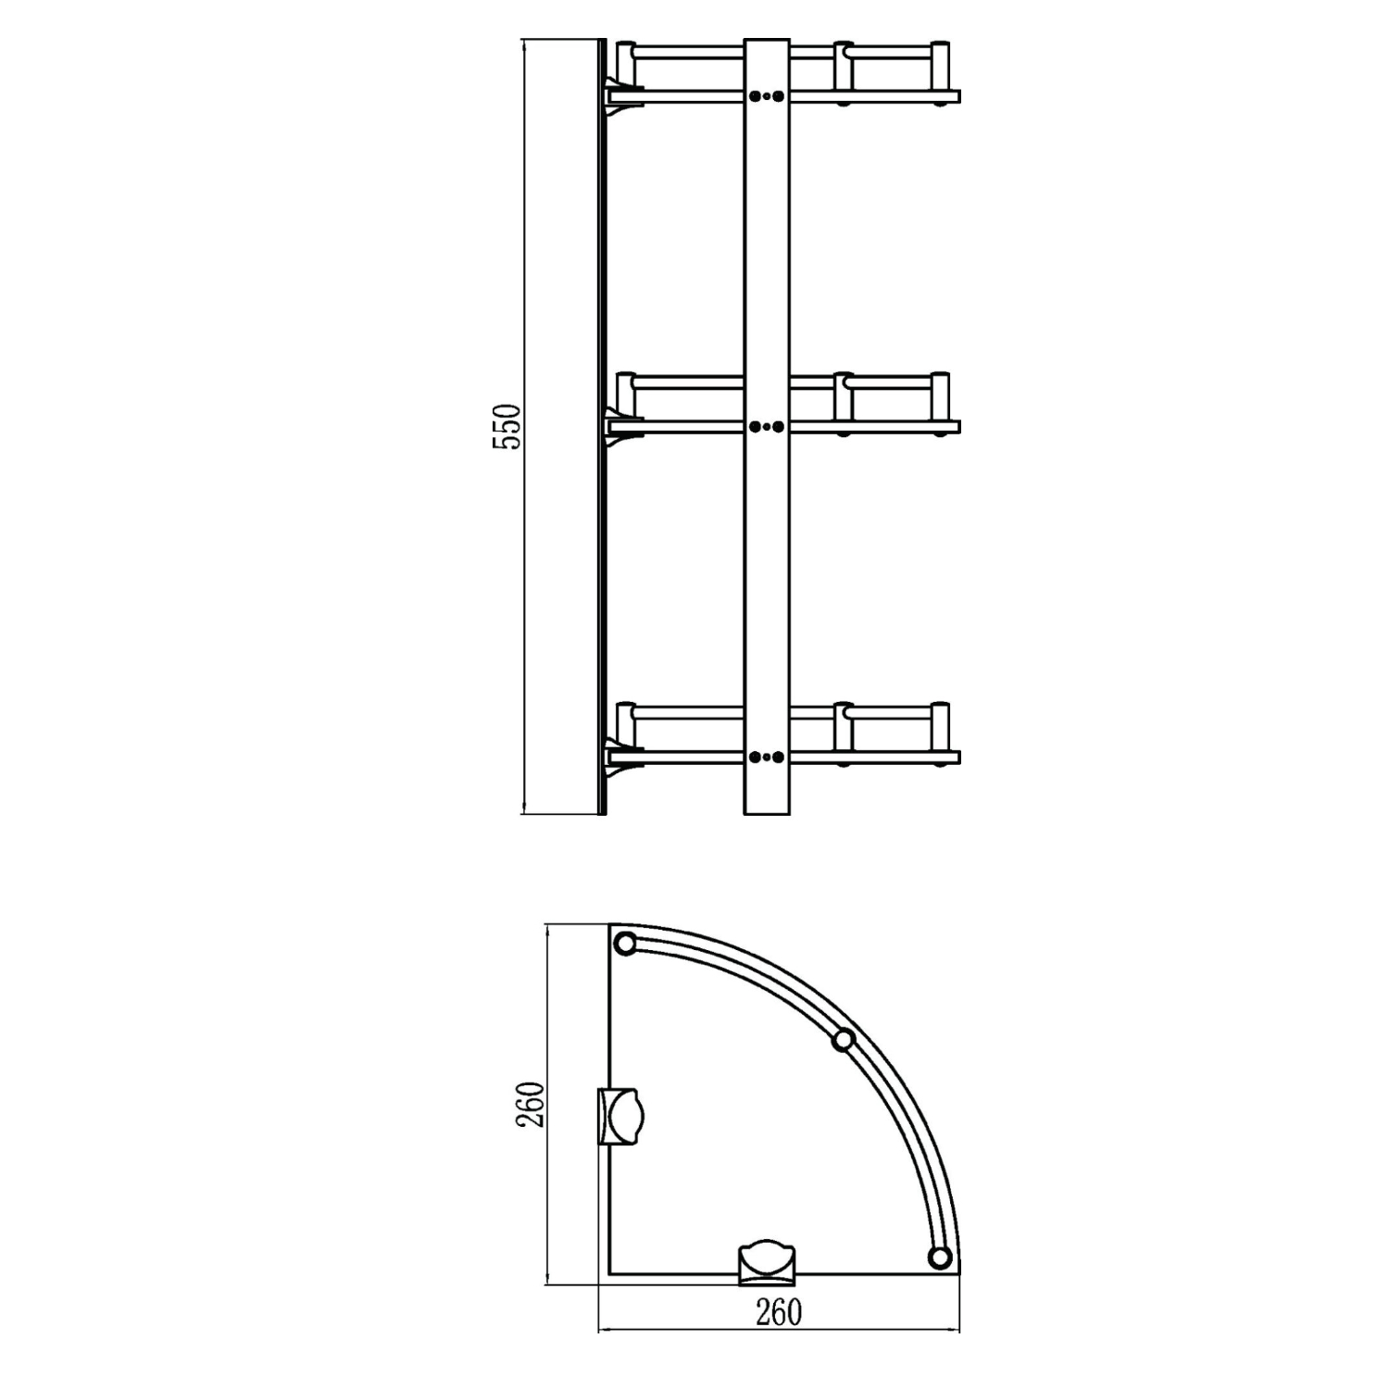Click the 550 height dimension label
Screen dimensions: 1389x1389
[507, 427]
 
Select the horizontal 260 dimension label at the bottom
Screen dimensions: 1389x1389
[779, 1313]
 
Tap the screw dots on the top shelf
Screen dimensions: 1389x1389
[767, 96]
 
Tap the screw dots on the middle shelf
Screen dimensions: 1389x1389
[767, 427]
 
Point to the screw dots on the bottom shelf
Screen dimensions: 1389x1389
[767, 757]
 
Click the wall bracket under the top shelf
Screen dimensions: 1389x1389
[622, 96]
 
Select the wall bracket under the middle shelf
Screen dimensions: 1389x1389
[622, 427]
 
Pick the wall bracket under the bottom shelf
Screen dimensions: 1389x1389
[622, 757]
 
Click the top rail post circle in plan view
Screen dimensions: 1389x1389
[626, 945]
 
